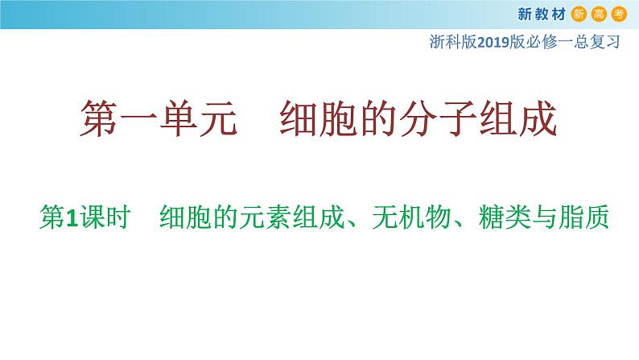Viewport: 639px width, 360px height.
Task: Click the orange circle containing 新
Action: click(x=579, y=14)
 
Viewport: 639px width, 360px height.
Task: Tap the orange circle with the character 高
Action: click(x=599, y=14)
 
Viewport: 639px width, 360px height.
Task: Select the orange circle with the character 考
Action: click(x=619, y=14)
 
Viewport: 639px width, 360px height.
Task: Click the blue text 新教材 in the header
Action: click(x=542, y=14)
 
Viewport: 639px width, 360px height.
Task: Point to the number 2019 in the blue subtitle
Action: click(x=493, y=42)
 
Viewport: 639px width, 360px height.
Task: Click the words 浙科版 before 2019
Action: click(x=453, y=42)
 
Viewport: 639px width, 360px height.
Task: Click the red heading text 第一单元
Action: click(x=159, y=118)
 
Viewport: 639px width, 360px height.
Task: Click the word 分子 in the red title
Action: click(x=438, y=118)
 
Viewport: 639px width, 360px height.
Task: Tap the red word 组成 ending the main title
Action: click(x=517, y=118)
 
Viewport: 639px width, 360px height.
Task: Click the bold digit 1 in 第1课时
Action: click(x=72, y=217)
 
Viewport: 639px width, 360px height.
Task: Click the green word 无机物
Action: click(x=410, y=217)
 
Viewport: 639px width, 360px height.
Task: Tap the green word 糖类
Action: click(x=504, y=217)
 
